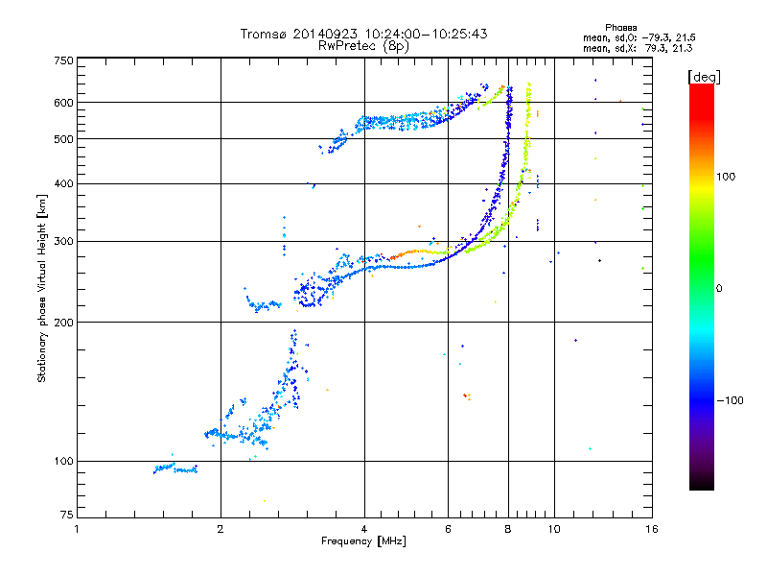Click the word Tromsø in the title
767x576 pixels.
click(264, 35)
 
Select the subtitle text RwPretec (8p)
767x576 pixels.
click(363, 45)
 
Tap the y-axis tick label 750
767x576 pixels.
click(62, 60)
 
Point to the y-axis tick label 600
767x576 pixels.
click(62, 102)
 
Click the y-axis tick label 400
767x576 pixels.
click(62, 183)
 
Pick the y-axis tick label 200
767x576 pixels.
click(62, 322)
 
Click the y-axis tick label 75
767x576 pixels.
click(65, 518)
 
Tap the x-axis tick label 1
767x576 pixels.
click(77, 529)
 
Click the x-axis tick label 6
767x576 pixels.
click(448, 529)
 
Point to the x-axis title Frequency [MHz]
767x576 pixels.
click(363, 542)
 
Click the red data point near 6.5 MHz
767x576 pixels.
click(465, 395)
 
